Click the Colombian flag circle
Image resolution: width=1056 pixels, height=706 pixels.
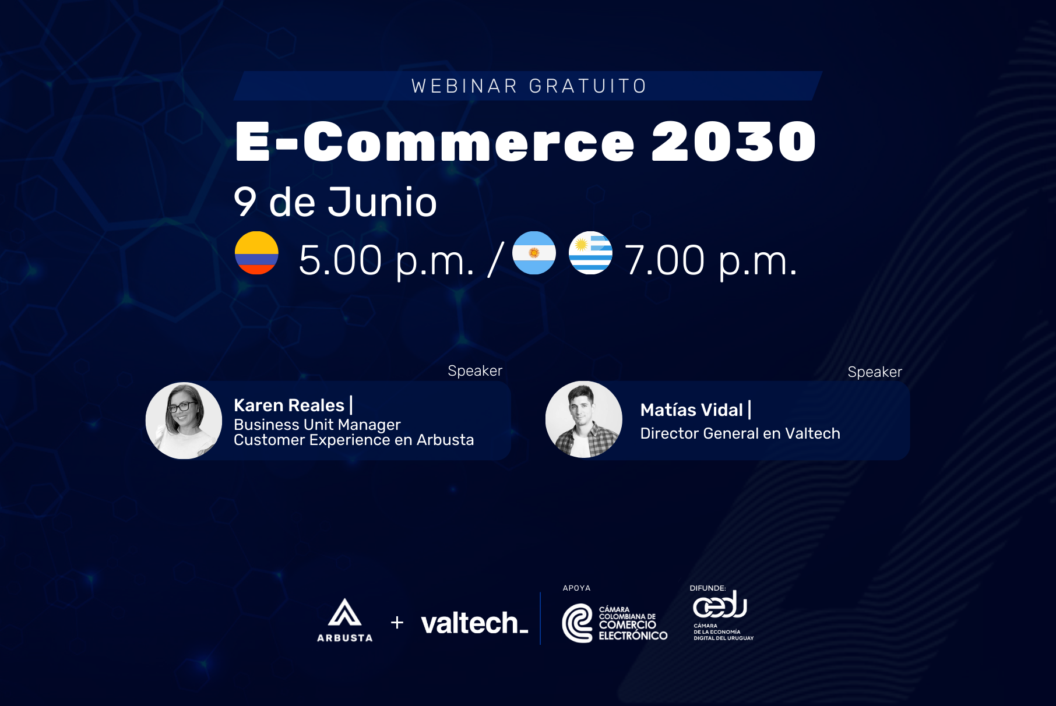(x=256, y=253)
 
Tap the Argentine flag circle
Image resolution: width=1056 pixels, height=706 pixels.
(x=534, y=253)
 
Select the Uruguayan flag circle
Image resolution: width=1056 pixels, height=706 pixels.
(x=590, y=253)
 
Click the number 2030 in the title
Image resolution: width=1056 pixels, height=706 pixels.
(x=734, y=142)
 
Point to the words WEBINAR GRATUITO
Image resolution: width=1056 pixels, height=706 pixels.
(x=529, y=86)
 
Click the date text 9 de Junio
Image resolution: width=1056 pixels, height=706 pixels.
(x=335, y=202)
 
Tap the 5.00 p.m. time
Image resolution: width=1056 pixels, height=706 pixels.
(x=386, y=260)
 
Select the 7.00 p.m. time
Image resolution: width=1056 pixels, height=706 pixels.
(x=710, y=260)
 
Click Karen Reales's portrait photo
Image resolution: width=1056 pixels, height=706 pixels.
(x=184, y=421)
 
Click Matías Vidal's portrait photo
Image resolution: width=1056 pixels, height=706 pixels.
(x=584, y=419)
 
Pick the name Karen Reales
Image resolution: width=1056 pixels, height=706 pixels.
(x=289, y=405)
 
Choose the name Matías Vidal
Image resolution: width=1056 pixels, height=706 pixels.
(x=692, y=410)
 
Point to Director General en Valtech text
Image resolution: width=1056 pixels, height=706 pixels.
(x=740, y=433)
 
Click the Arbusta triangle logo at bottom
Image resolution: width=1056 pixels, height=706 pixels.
(x=344, y=613)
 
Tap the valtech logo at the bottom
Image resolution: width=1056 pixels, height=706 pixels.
(x=474, y=623)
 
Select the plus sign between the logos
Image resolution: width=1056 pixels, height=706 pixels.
(x=397, y=623)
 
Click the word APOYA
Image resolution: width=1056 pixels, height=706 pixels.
(x=576, y=588)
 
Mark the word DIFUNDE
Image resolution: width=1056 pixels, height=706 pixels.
(x=707, y=588)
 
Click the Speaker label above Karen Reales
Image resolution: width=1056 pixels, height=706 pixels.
(x=475, y=371)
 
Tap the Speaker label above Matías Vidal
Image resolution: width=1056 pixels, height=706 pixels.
(x=875, y=372)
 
